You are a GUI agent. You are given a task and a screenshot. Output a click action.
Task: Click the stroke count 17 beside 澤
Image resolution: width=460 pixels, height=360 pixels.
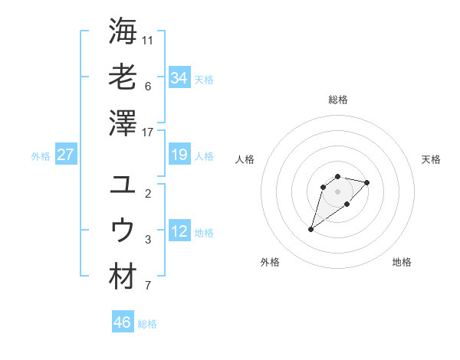click(148, 133)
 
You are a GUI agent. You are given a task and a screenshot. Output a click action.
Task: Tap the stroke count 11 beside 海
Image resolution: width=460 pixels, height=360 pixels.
click(148, 40)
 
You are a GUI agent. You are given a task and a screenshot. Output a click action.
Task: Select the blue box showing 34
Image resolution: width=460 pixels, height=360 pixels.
click(179, 77)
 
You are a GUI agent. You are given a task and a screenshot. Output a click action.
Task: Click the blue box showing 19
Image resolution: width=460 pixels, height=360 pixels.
click(179, 155)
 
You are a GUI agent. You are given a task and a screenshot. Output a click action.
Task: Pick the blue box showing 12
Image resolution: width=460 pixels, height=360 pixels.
click(179, 231)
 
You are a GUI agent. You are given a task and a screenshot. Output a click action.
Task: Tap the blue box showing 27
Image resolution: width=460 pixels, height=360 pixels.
click(65, 155)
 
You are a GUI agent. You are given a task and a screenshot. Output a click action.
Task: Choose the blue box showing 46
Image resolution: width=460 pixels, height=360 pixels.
click(123, 322)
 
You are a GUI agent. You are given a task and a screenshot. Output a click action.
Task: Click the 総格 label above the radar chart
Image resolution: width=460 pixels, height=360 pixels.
click(338, 100)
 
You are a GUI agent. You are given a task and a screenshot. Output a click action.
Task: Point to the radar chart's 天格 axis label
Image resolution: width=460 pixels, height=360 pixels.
click(431, 159)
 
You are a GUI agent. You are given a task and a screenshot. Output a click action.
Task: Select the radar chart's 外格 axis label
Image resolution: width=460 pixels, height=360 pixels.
click(270, 262)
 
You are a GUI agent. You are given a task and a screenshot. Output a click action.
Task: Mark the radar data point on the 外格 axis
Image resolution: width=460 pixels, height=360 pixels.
click(311, 229)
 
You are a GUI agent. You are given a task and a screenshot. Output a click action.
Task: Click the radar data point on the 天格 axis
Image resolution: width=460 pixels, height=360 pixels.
click(367, 182)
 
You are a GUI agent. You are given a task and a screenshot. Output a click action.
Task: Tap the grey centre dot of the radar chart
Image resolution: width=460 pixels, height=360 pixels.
click(338, 191)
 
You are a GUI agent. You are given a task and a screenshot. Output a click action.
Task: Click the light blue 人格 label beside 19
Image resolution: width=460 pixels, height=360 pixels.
click(204, 155)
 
